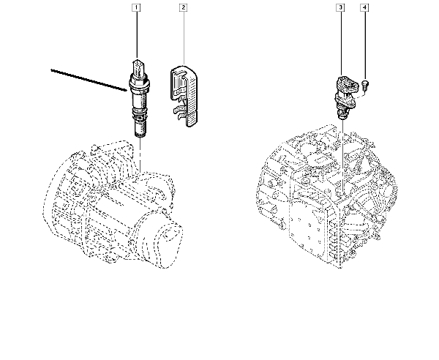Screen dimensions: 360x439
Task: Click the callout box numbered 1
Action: pos(135,9)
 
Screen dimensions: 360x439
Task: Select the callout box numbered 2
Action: pos(183,9)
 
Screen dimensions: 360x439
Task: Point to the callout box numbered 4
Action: pos(364,9)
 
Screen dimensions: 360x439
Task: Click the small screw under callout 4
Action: pos(364,86)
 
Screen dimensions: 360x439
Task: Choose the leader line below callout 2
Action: pos(183,37)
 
